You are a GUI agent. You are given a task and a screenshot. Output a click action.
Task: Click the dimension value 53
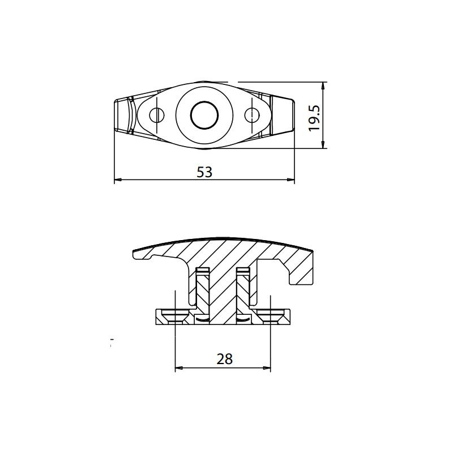point(204,172)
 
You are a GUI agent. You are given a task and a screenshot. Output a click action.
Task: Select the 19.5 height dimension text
point(314,117)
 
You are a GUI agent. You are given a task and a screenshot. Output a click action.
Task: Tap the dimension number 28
point(224,358)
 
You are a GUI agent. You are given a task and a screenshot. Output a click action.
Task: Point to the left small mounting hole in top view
point(157,116)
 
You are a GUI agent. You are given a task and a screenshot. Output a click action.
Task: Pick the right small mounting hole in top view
point(251,116)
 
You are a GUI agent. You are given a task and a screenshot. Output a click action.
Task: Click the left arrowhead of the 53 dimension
point(118,181)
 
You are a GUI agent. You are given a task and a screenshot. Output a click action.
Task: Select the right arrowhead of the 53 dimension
point(292,181)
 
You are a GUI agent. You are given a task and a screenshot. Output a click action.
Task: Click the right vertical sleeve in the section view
point(243,292)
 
